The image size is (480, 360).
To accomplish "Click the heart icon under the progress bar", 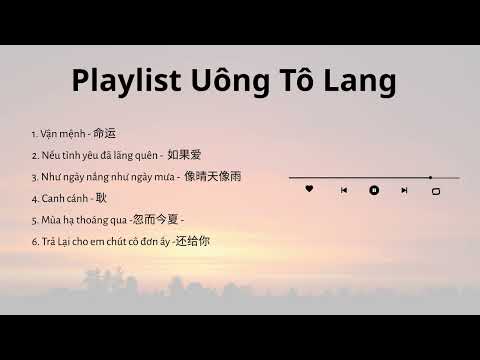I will [x=309, y=189].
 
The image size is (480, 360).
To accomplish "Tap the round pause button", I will [x=374, y=189].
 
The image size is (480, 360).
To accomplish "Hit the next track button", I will [x=404, y=189].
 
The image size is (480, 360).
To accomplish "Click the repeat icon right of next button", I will [x=435, y=190].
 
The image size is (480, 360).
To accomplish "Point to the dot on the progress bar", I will [x=430, y=177].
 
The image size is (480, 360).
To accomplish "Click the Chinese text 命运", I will [x=105, y=133].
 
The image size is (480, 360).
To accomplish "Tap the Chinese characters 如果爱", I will [x=185, y=155].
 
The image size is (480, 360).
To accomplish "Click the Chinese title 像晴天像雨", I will [x=212, y=177].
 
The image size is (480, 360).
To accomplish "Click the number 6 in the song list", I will [x=34, y=241].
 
